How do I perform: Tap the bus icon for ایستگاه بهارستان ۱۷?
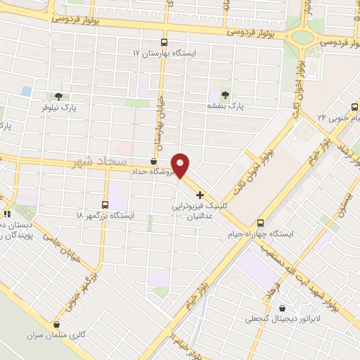coord(164,42)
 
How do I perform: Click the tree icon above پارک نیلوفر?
coord(58,97)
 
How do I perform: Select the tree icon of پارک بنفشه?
coord(224,94)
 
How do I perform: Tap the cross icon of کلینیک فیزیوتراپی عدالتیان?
coord(200,194)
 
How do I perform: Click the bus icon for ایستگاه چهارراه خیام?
coord(260,221)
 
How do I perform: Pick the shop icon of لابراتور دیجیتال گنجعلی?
coord(282,308)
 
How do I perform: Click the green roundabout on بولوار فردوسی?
coord(303,37)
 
